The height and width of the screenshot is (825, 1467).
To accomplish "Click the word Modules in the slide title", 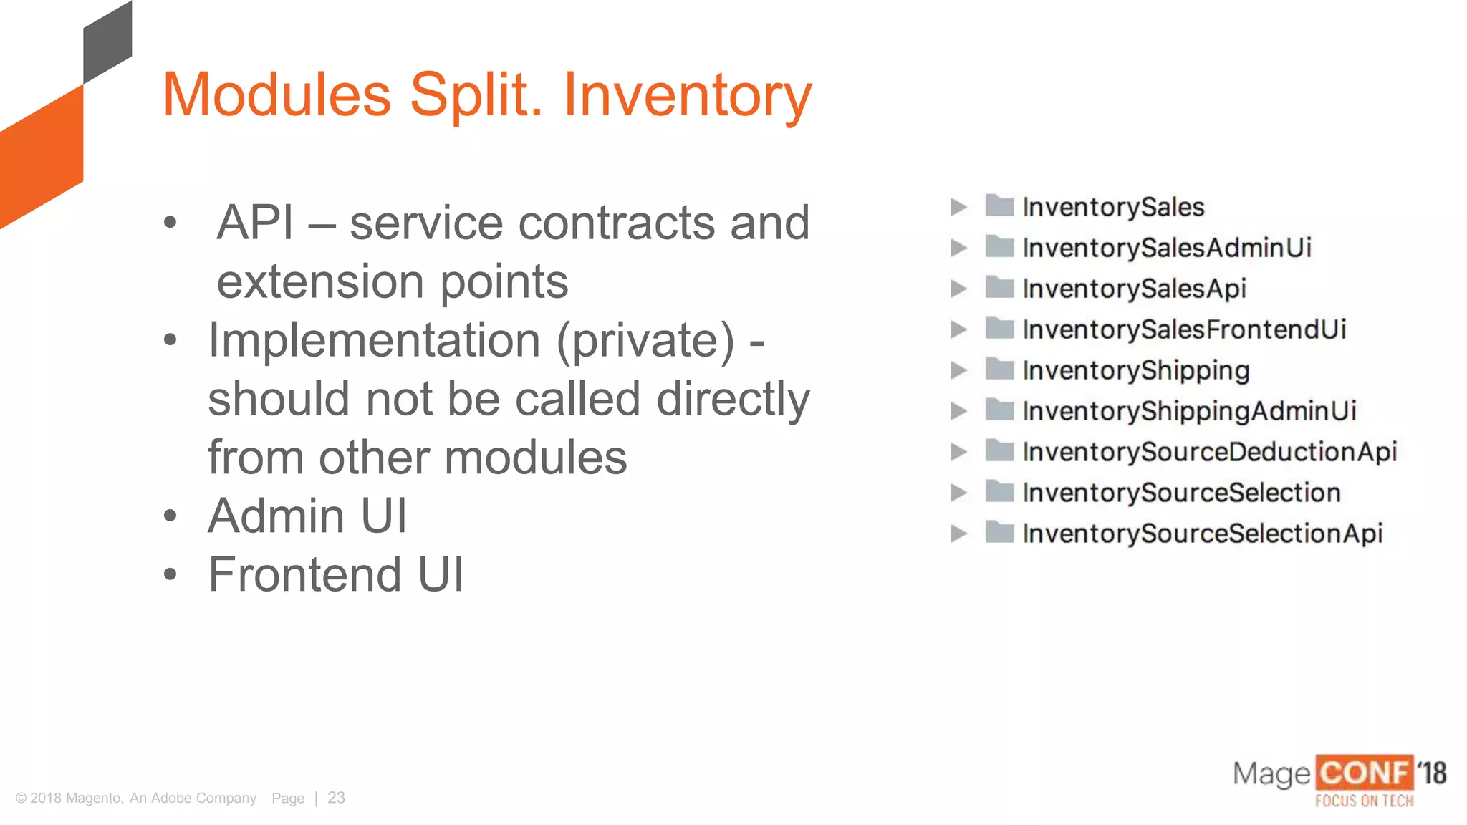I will coord(277,95).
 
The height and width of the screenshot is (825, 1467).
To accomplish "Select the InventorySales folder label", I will coord(1113,208).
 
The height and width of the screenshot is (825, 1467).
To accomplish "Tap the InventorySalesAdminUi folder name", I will coord(1167,249).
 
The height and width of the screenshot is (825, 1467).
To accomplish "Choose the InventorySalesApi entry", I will coord(1135,289).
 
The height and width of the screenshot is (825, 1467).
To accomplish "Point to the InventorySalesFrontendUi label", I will coord(1184,330).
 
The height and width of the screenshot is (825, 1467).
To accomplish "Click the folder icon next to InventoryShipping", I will coord(999,370).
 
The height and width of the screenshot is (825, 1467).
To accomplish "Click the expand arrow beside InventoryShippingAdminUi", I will coord(958,411).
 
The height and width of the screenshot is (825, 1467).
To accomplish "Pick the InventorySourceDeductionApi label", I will coord(1210,453).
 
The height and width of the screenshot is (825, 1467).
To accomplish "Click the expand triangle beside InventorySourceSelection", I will coord(958,493).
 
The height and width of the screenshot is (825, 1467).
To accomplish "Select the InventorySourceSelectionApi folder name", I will coord(1203,534).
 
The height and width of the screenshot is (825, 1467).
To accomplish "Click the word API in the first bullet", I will coord(256,223).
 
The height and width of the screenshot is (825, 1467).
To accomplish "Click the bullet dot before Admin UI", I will coord(170,516).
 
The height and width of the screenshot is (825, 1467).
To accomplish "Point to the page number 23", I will coord(336,798).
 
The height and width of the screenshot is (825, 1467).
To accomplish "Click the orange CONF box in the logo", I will coord(1364,773).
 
